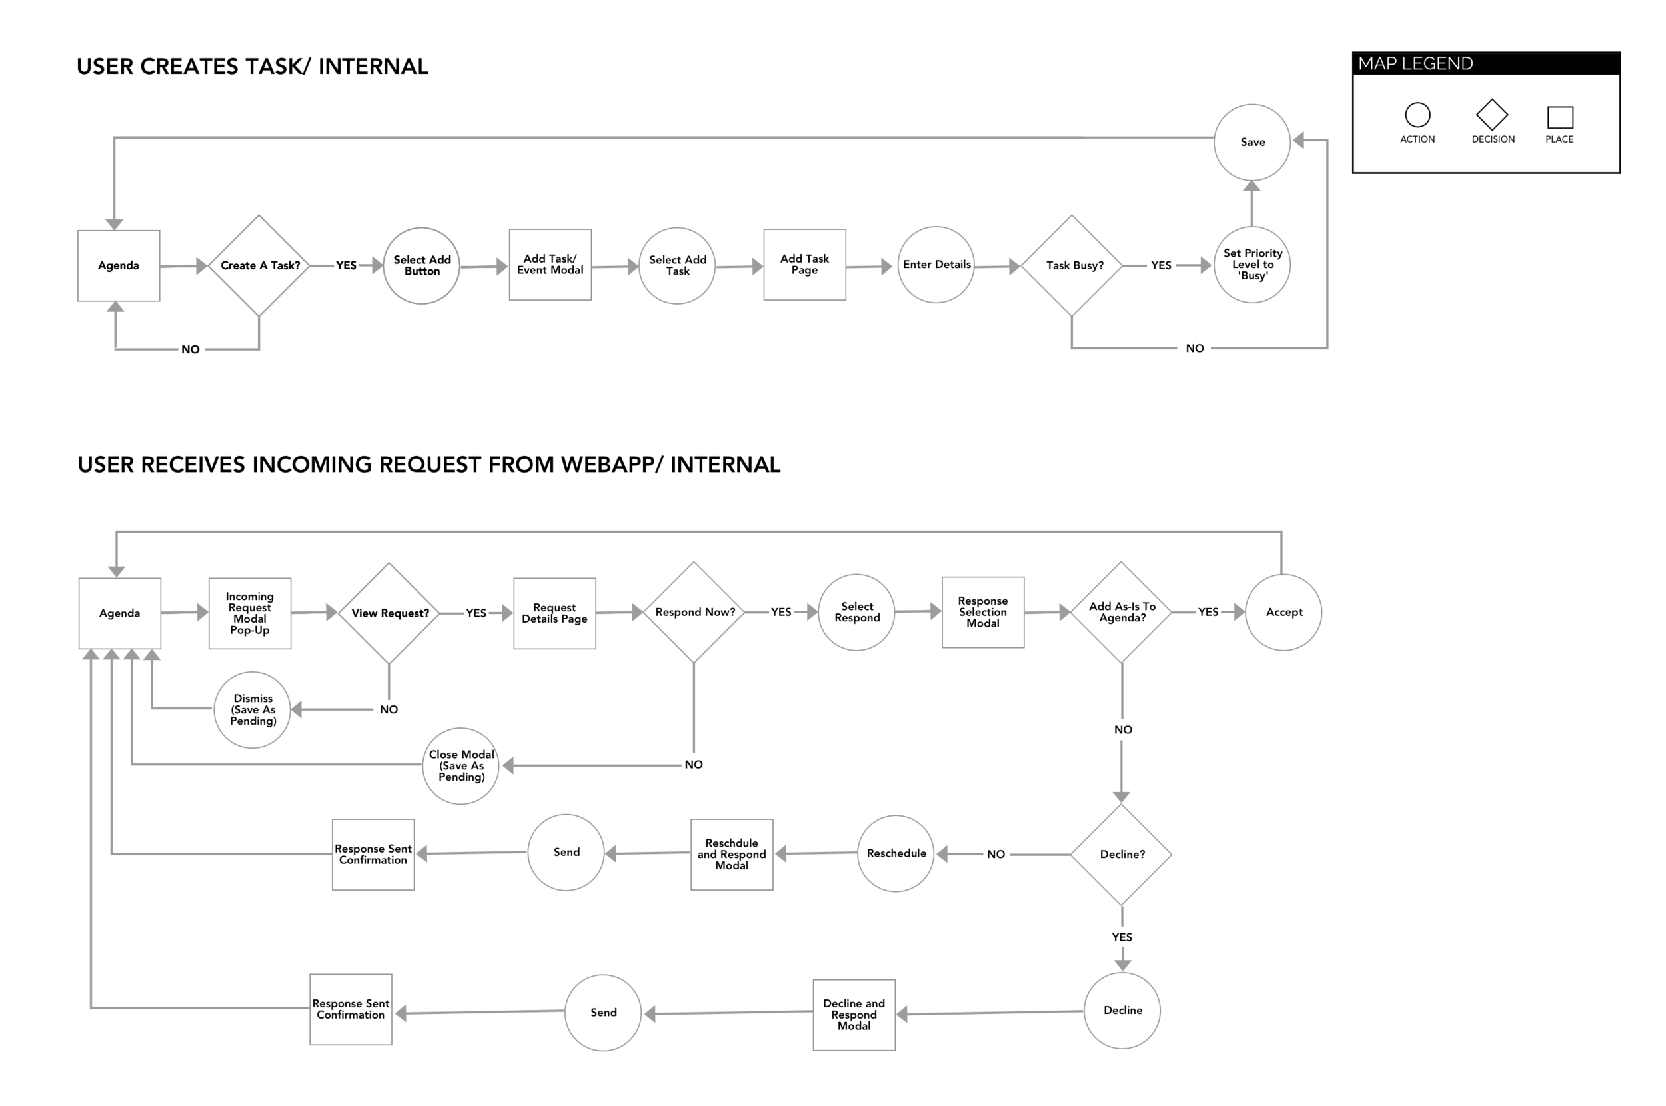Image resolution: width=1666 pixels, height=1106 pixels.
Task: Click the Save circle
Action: pos(1251,142)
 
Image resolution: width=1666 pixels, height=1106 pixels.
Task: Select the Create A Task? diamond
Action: pos(259,265)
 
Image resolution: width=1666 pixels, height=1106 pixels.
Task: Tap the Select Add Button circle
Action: pos(421,265)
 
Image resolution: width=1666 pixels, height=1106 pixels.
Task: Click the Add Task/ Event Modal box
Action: pos(550,265)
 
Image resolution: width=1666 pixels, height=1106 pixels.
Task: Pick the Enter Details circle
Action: pos(936,265)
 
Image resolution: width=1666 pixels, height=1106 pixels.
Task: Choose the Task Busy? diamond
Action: pos(1072,265)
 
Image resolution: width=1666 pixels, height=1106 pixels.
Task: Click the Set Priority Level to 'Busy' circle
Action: pos(1251,265)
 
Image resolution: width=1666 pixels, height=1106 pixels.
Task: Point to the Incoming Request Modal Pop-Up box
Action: pos(250,613)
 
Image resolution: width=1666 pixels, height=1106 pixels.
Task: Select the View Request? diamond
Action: pos(389,613)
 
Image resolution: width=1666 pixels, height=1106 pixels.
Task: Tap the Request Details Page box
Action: pos(554,613)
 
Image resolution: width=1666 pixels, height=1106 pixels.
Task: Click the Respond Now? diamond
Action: pos(694,612)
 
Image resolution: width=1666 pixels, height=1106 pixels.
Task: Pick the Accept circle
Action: pos(1283,612)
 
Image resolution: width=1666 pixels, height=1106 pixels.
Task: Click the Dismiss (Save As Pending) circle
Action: pos(252,709)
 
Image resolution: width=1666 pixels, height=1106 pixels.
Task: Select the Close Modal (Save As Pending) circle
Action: pos(460,765)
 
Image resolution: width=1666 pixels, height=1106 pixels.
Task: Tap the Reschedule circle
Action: pos(896,853)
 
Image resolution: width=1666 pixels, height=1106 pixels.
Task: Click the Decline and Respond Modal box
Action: pos(854,1014)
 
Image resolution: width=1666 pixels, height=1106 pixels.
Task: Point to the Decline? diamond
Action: pos(1121,854)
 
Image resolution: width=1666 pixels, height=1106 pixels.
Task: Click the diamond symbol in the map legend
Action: pos(1492,114)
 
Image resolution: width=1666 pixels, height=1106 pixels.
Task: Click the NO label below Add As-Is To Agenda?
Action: pos(1122,729)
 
